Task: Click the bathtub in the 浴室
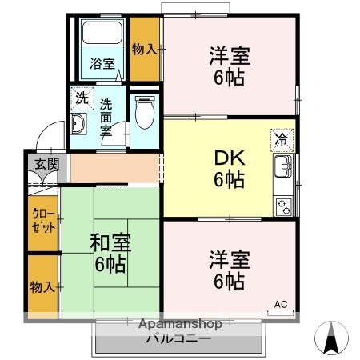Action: [102, 36]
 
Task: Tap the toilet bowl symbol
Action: [145, 114]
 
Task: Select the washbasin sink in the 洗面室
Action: [79, 124]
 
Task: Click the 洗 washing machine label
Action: [82, 98]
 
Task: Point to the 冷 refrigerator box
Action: [282, 138]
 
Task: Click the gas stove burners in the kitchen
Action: [284, 205]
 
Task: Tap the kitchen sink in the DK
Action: [284, 170]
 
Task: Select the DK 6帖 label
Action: [228, 169]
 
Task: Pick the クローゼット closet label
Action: [43, 220]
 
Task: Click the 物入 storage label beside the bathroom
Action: [145, 50]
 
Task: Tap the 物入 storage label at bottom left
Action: [43, 286]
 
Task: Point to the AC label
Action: [281, 304]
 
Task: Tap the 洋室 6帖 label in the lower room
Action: [230, 270]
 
